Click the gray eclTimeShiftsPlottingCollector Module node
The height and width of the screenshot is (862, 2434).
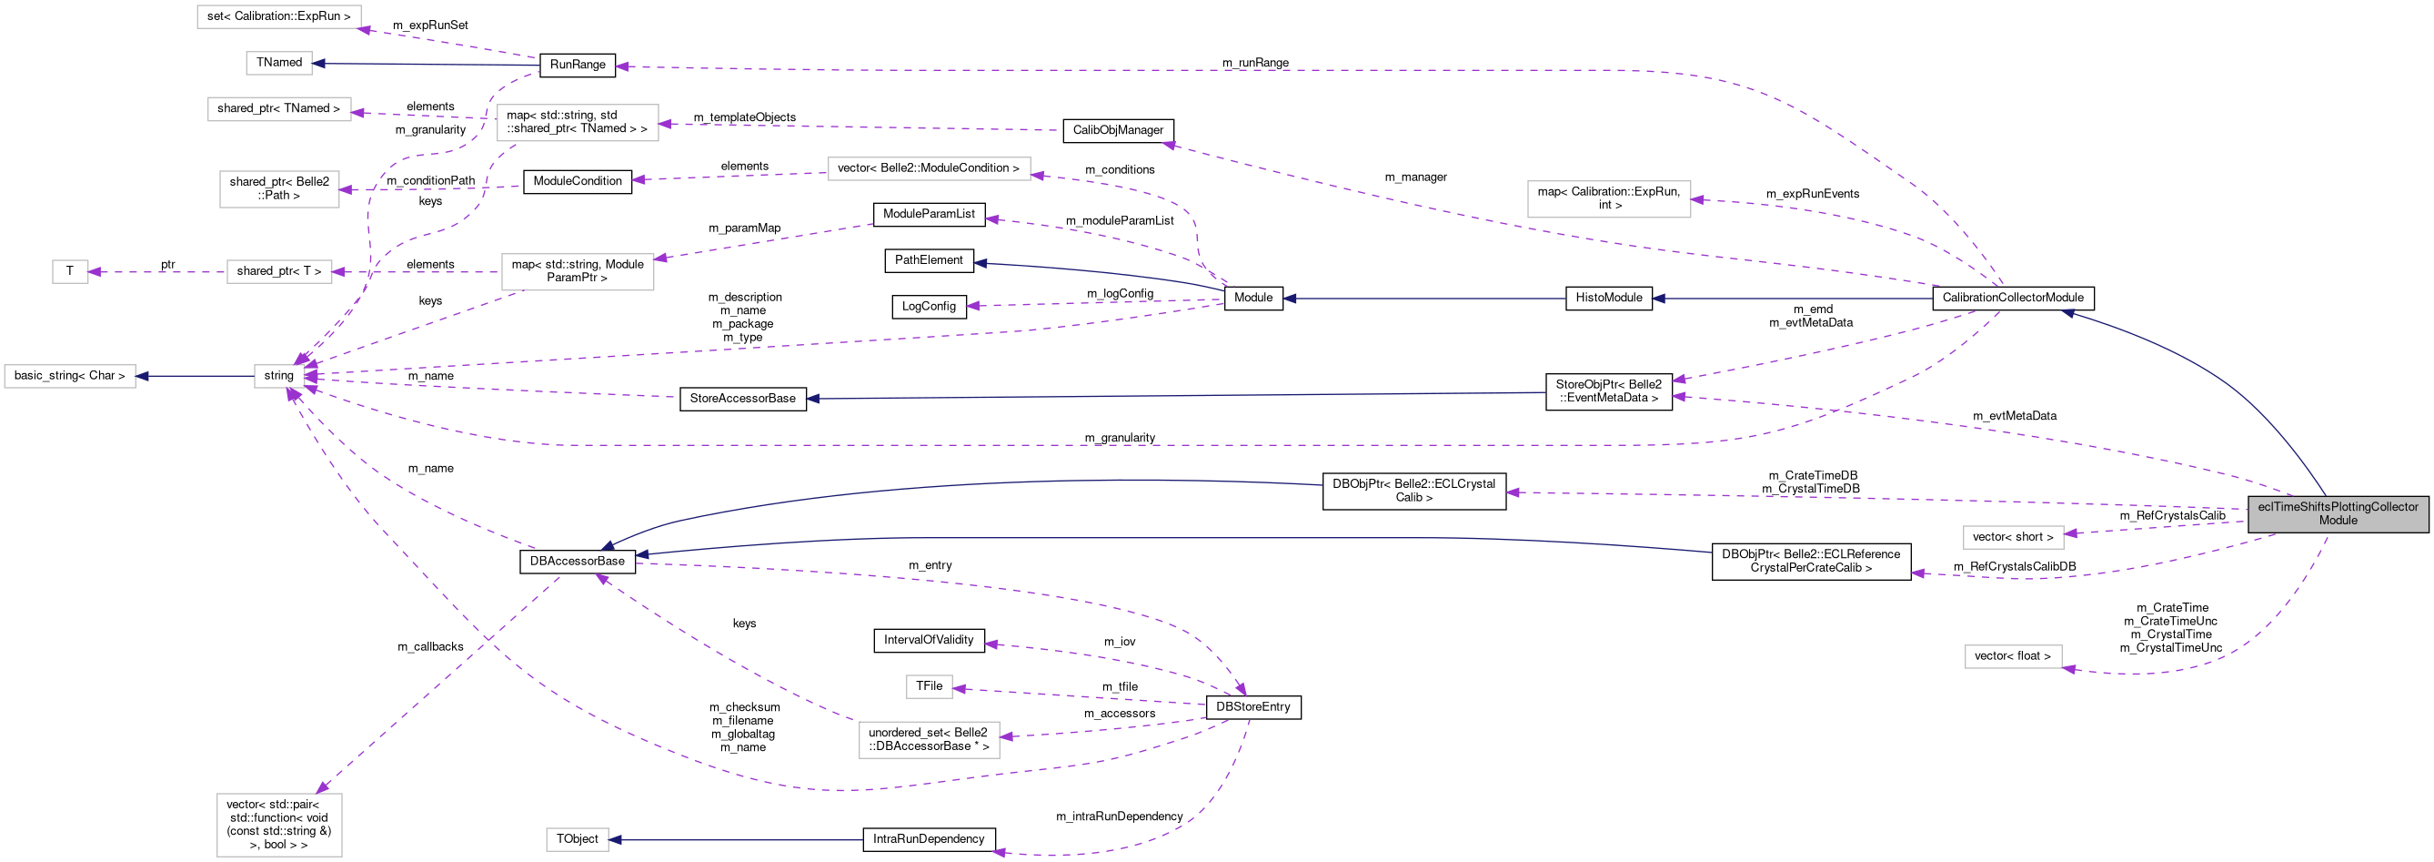coord(2337,513)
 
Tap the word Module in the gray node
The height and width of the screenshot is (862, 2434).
coord(2338,521)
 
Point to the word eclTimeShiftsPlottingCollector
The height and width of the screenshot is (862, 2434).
coord(2338,507)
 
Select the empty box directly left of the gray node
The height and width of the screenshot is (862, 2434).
coord(2013,537)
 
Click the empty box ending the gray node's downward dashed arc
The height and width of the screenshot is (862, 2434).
coord(2013,656)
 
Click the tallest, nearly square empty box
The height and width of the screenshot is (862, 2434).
coord(278,824)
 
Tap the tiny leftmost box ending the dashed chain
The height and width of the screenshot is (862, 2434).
coord(70,271)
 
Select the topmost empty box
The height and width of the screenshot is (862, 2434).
coord(278,17)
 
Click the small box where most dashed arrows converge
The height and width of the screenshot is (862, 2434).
coord(278,375)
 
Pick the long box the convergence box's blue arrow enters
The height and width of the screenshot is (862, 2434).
coord(70,375)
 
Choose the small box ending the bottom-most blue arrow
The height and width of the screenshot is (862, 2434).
coord(577,839)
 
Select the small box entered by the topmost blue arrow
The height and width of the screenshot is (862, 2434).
coord(278,64)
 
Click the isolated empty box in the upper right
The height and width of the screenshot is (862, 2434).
coord(1608,198)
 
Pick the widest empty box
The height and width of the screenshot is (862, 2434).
coord(929,168)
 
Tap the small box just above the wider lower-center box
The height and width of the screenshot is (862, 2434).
coord(929,686)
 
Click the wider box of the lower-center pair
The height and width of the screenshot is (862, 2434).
coord(929,739)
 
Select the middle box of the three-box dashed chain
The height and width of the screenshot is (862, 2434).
coord(278,271)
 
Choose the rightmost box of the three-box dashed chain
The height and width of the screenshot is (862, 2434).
coord(578,271)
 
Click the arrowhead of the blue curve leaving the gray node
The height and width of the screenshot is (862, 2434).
coord(2067,312)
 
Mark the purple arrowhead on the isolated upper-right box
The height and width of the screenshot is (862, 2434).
coord(1697,199)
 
